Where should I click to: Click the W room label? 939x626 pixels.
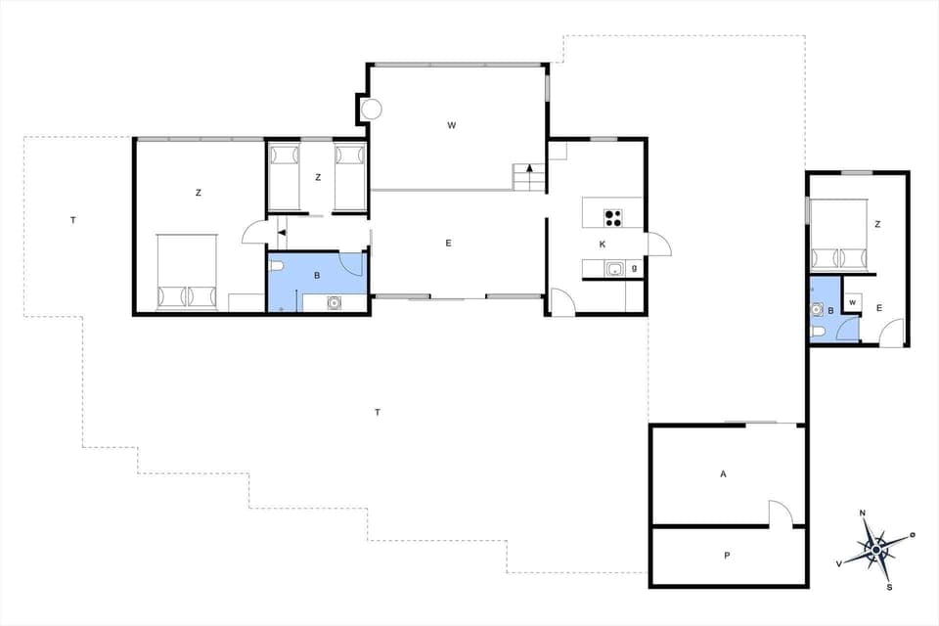click(452, 124)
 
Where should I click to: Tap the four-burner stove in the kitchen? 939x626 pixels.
click(614, 217)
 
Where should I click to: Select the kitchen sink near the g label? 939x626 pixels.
click(614, 269)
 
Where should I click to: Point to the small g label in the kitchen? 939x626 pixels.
click(635, 267)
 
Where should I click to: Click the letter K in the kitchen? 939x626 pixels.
click(603, 244)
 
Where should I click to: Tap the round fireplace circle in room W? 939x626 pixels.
click(372, 110)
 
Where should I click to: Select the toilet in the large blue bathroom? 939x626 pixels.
click(277, 265)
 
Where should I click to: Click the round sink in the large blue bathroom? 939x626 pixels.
click(335, 303)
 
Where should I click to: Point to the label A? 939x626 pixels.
click(724, 473)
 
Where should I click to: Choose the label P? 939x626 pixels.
click(727, 556)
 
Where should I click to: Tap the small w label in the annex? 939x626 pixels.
click(853, 302)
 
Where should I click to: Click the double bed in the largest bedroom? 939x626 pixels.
click(188, 271)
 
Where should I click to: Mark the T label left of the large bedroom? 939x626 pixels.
click(72, 220)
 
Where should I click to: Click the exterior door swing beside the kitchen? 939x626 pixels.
click(658, 244)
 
